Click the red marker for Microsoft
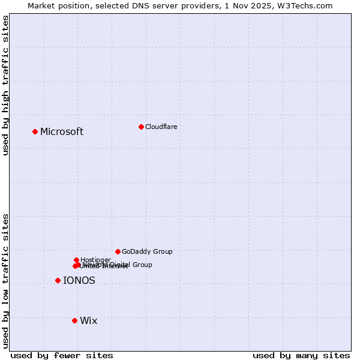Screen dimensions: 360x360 pyautogui.click(x=35, y=131)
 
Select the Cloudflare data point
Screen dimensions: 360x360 pyautogui.click(x=141, y=127)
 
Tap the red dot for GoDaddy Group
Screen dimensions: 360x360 pyautogui.click(x=118, y=251)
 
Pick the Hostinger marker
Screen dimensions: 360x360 pyautogui.click(x=76, y=260)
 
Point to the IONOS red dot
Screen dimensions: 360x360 pyautogui.click(x=58, y=280)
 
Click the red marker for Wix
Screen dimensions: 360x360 pyautogui.click(x=74, y=320)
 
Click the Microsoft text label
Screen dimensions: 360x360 pyautogui.click(x=62, y=131)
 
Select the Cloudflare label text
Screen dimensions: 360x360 pyautogui.click(x=161, y=127)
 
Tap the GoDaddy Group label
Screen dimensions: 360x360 pyautogui.click(x=147, y=251)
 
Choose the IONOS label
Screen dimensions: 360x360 pyautogui.click(x=79, y=280)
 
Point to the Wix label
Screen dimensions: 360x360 pyautogui.click(x=88, y=320)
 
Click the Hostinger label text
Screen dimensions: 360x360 pyautogui.click(x=95, y=260)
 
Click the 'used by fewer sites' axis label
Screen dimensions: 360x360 pyautogui.click(x=62, y=355)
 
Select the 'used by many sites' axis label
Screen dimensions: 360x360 pyautogui.click(x=301, y=355)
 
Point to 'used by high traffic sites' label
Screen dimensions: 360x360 pyautogui.click(x=6, y=85)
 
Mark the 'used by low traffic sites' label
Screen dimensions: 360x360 pyautogui.click(x=6, y=281)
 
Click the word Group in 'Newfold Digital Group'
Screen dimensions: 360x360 pyautogui.click(x=142, y=265)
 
